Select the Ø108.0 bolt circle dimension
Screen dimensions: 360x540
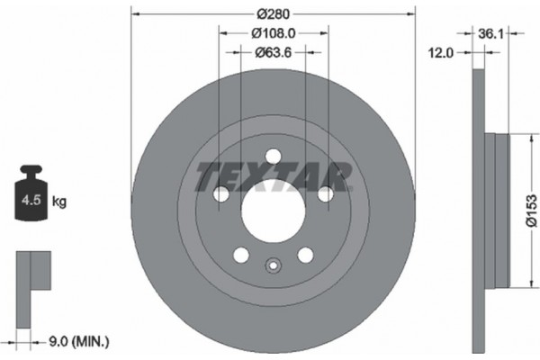(273, 33)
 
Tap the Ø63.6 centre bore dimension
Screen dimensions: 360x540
(273, 51)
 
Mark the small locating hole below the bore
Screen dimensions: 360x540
(273, 265)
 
